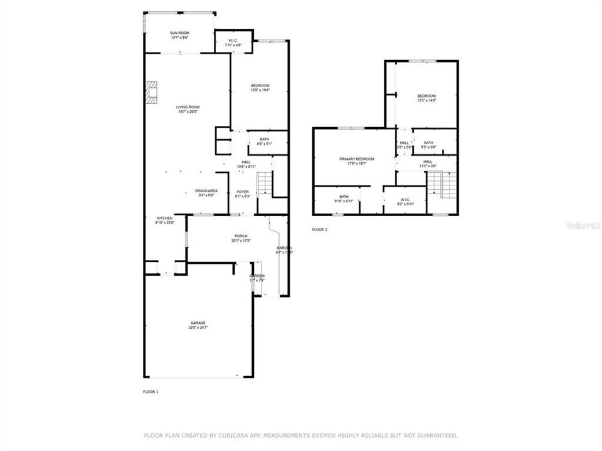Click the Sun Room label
point(179,33)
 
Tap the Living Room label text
point(187,107)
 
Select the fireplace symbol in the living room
point(152,91)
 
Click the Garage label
point(198,323)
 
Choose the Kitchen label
point(164,218)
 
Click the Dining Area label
point(206,190)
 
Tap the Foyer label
point(243,192)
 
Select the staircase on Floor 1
point(266,183)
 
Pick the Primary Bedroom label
point(357,159)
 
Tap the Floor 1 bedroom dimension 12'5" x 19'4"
point(260,90)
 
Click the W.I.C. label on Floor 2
point(404,200)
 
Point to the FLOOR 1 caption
point(150,391)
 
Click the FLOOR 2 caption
point(319,230)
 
